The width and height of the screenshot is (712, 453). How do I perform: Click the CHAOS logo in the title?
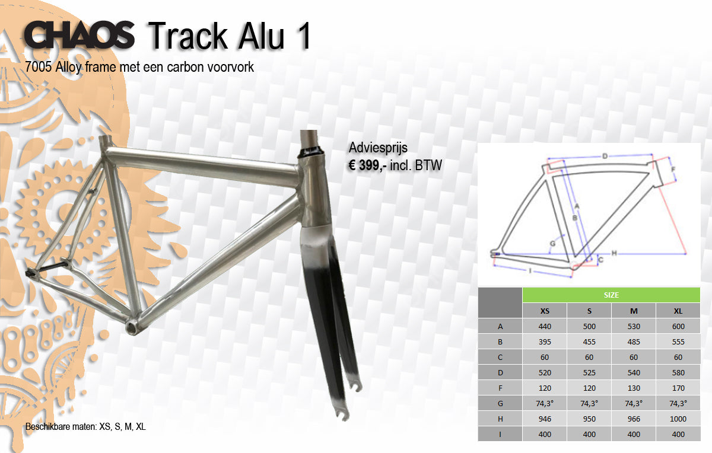coord(80,34)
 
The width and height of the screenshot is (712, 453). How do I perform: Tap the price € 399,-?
coord(367,165)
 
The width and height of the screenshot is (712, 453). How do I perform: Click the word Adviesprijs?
coord(378,148)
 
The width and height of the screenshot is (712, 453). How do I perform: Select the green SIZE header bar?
coord(611,295)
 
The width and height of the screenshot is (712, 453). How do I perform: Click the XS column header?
coord(545,311)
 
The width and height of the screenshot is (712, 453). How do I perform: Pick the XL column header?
coord(678,311)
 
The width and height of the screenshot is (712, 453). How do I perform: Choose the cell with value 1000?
coord(678,419)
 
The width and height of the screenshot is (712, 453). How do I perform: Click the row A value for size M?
coord(634,326)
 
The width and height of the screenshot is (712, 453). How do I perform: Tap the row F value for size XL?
coord(678,388)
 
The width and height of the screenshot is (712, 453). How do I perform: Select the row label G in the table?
coord(500,403)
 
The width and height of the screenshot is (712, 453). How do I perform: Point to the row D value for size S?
coord(589,372)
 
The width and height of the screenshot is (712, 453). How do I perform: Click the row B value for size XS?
coord(545,342)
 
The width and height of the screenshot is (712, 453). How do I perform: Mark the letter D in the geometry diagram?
coord(605,156)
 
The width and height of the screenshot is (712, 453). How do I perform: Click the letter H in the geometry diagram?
coord(614,253)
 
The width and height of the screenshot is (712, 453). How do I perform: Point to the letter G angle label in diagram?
coord(553,244)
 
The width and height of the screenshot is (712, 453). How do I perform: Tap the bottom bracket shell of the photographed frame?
coord(133,326)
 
